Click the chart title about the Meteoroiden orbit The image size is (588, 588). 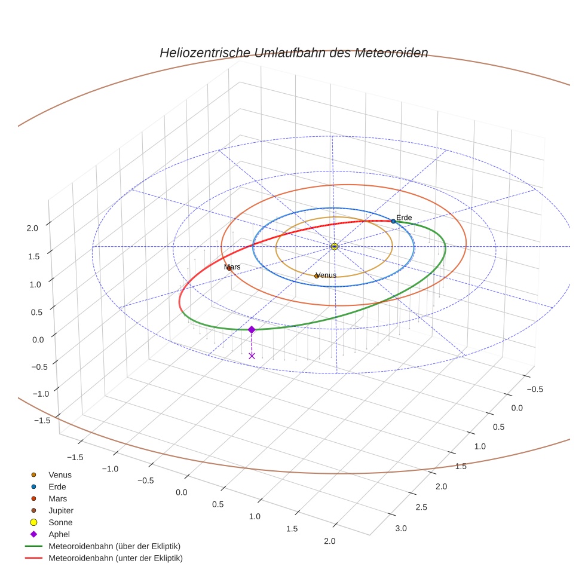[x=293, y=53]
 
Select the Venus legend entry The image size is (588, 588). [x=60, y=474]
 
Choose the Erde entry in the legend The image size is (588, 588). [x=57, y=486]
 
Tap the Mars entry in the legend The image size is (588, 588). [x=57, y=498]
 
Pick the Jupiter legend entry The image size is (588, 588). [x=61, y=510]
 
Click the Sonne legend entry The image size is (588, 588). [x=60, y=522]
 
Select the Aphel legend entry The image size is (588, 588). [x=59, y=534]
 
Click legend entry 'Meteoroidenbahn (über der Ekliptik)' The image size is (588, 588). [x=114, y=546]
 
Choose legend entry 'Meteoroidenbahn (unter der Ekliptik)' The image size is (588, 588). [x=115, y=558]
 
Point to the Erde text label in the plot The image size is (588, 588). [x=404, y=218]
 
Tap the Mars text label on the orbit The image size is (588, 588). [x=232, y=267]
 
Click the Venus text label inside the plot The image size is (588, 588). [x=326, y=275]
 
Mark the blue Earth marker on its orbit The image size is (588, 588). [x=393, y=222]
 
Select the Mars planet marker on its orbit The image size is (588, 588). [x=228, y=268]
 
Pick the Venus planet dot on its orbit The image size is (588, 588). [x=317, y=276]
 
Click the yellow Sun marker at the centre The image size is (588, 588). [x=335, y=246]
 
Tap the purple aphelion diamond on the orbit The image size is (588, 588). [x=252, y=329]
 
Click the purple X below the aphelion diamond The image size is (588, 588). [x=252, y=356]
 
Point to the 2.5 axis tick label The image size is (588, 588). [x=421, y=507]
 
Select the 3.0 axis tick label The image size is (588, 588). [x=400, y=528]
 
